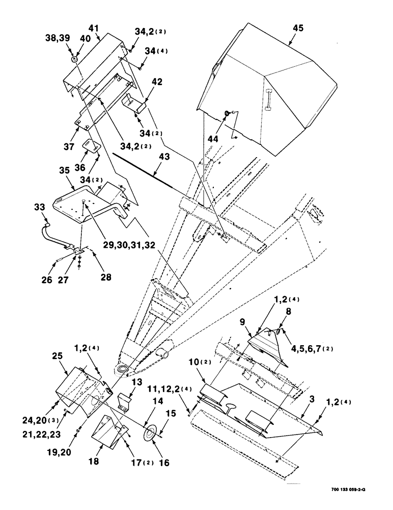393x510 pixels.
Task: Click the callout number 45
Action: (298, 28)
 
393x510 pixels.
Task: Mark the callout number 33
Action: (40, 208)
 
